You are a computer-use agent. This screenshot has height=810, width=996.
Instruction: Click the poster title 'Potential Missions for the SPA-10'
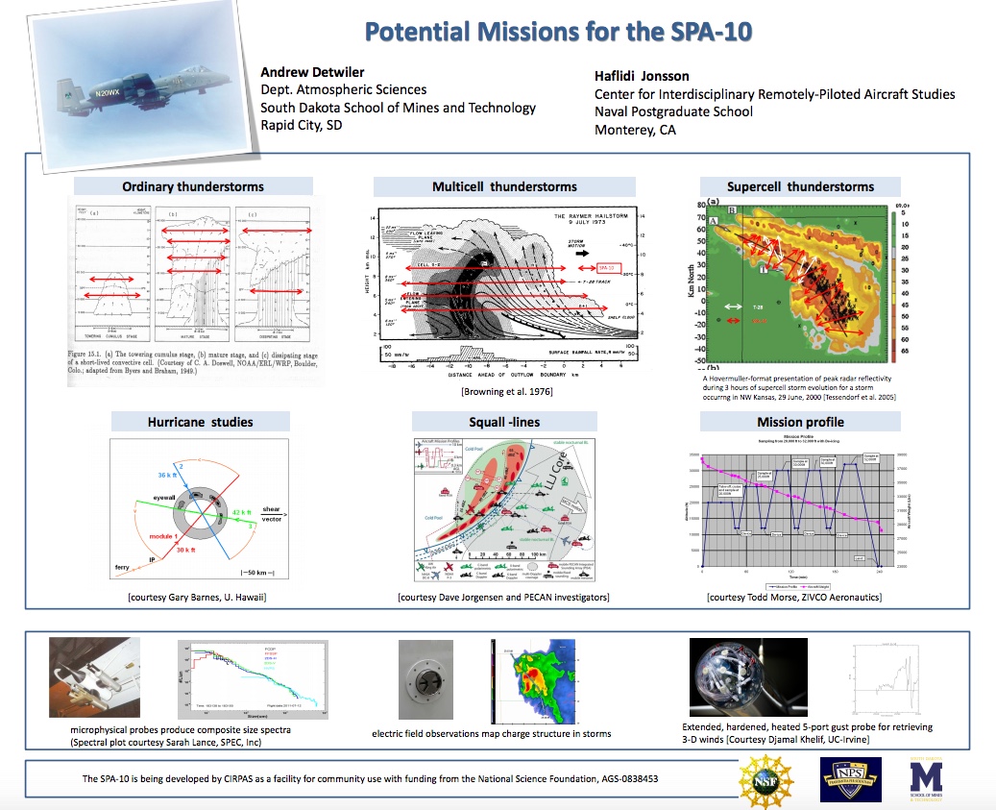(x=557, y=31)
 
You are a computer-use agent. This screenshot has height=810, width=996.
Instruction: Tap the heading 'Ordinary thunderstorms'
(x=192, y=185)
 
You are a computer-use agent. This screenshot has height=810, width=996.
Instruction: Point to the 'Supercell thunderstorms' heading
(x=800, y=185)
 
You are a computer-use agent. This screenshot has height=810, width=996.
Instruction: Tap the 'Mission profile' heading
(x=800, y=421)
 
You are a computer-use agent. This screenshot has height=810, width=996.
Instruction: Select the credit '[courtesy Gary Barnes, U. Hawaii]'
(x=197, y=598)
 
